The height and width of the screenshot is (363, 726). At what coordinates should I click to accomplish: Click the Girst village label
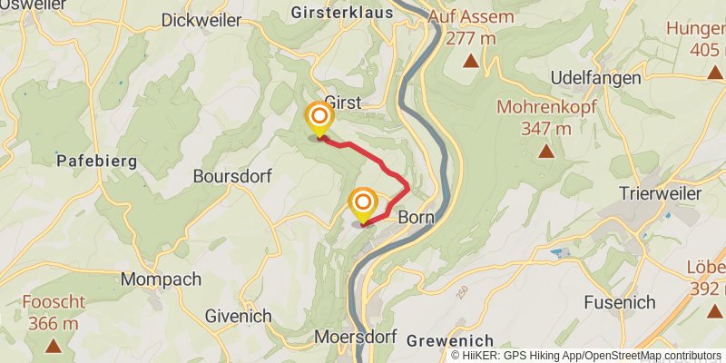pos(343,103)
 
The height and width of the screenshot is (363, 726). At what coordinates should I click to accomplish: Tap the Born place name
pos(416,218)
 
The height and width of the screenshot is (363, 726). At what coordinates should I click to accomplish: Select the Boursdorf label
pos(231,177)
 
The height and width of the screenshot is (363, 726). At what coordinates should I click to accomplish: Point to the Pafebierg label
pos(96,162)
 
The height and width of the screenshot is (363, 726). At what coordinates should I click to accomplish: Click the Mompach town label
pos(161,280)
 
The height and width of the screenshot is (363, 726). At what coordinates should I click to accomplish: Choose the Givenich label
pos(239,316)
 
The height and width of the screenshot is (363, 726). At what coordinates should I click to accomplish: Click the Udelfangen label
pos(594,78)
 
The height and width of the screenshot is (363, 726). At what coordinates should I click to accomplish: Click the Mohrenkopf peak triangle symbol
pos(545,152)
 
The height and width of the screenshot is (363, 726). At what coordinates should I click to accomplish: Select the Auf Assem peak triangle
pos(471,62)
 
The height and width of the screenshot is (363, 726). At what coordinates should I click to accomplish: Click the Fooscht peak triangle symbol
pos(54,346)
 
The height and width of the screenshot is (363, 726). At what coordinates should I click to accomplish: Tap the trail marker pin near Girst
pos(319,119)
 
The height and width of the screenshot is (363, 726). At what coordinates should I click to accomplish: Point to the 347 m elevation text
pos(545,128)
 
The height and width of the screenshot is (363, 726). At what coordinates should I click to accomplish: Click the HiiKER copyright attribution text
pos(585,355)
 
